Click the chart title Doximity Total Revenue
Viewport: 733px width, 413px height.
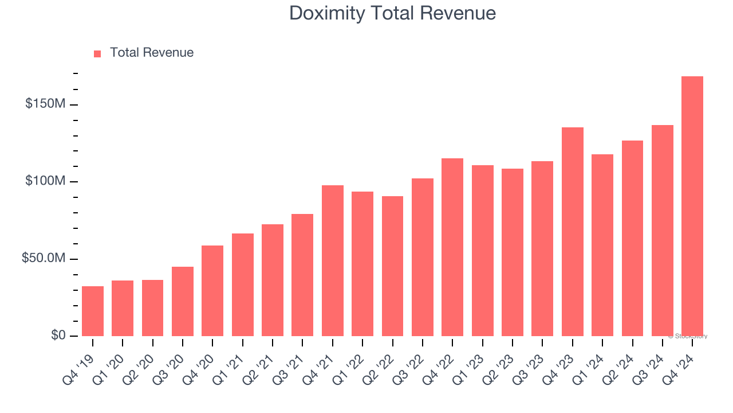point(392,13)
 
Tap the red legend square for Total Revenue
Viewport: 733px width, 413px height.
point(97,53)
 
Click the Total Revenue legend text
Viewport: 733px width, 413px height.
point(152,53)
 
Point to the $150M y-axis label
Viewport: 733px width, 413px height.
point(45,104)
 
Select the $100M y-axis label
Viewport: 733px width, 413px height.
point(45,181)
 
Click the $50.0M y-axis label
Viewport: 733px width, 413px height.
point(44,259)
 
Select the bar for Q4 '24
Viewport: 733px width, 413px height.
point(692,206)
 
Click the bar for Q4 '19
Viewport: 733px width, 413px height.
point(93,311)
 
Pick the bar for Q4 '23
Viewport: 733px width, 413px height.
point(572,232)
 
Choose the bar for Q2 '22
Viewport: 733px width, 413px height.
point(392,266)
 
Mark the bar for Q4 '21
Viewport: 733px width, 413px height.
point(332,260)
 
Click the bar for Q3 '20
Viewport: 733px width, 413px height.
point(183,301)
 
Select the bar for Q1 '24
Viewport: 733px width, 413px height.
point(602,245)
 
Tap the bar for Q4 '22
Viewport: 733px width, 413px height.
point(452,247)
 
